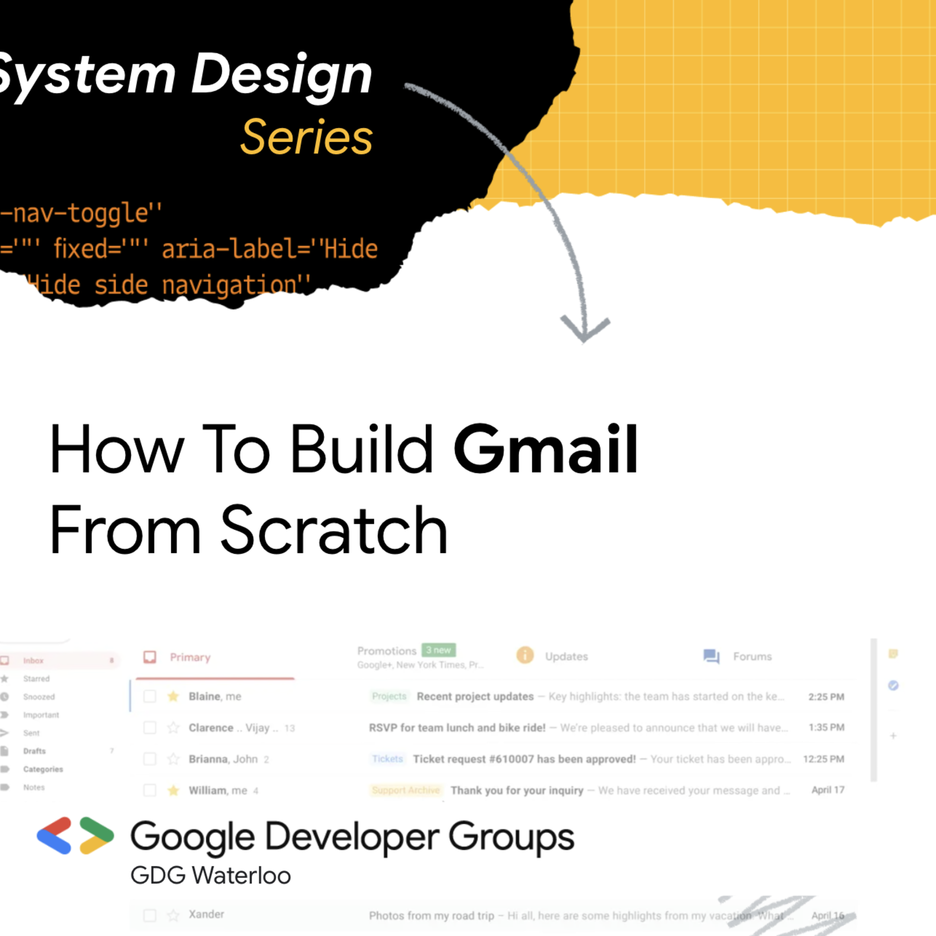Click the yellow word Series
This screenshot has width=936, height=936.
(307, 138)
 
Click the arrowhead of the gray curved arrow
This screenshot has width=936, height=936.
(584, 329)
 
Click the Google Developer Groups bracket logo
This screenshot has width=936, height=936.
(75, 836)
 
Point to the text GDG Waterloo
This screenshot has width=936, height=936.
(211, 875)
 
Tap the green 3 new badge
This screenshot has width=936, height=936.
(439, 650)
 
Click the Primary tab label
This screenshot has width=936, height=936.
(190, 657)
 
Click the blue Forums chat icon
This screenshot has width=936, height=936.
(711, 656)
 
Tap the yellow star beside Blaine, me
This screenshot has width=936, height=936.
(173, 696)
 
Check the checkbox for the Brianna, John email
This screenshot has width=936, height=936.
(149, 759)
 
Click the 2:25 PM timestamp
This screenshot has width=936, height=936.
(826, 697)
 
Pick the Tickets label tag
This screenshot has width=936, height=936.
(387, 759)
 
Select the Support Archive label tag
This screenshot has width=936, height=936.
(406, 790)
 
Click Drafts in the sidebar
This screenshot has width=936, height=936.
(34, 751)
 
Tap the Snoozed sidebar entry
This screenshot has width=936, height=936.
(39, 697)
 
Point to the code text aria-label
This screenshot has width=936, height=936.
(229, 249)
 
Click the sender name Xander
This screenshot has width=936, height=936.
(206, 914)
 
